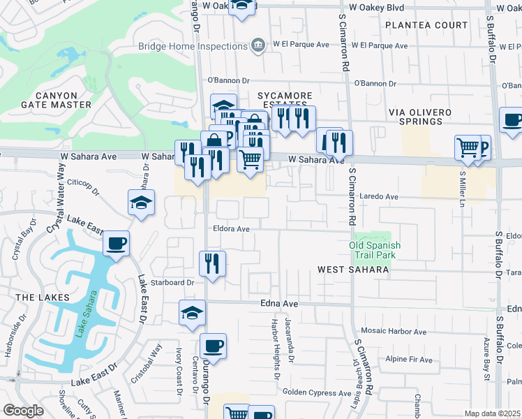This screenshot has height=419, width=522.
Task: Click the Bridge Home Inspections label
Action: [x=193, y=46]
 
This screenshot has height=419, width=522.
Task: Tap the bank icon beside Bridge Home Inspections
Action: [x=258, y=45]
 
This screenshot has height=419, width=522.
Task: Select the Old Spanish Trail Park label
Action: [x=375, y=250]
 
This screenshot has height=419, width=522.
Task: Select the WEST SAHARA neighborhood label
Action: [x=352, y=270]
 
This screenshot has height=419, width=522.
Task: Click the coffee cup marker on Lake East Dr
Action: [x=116, y=244]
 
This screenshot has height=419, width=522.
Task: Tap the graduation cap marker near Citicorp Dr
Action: [x=141, y=203]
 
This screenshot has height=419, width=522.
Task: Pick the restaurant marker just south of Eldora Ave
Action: [x=211, y=263]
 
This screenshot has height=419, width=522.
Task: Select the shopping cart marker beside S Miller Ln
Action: [x=467, y=147]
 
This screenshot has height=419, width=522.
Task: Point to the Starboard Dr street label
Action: [x=172, y=283]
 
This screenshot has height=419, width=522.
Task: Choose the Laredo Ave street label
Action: [x=378, y=197]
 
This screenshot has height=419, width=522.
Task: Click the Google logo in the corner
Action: [x=24, y=411]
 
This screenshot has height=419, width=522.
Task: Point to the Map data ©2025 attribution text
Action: [x=492, y=413]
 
